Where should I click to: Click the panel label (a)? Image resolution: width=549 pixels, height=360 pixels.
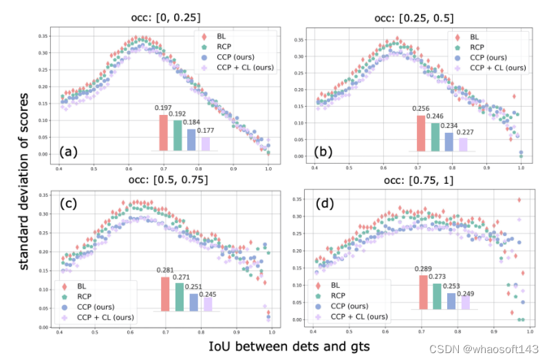71,150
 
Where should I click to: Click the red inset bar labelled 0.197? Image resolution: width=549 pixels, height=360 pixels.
163,132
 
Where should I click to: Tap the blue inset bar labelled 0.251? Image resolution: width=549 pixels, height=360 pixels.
193,302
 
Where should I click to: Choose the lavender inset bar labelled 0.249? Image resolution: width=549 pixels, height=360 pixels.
464,302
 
